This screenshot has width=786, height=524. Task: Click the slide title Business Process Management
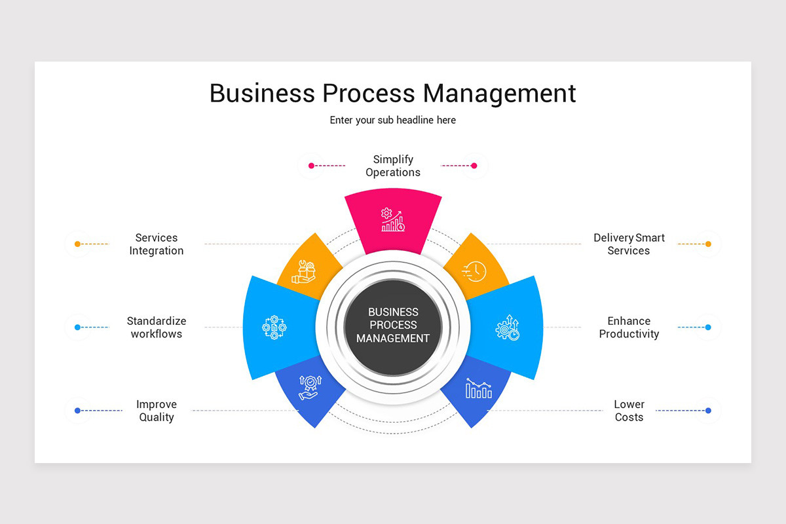393,93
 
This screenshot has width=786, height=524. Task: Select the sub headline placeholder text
393,121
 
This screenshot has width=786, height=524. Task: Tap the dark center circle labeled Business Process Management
393,325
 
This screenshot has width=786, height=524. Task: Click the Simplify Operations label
393,166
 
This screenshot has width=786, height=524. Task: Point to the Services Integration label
157,244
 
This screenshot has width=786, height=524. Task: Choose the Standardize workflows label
157,327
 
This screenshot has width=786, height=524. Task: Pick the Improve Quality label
157,411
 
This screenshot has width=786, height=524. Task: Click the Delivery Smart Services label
629,244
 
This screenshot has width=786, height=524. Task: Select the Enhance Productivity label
629,327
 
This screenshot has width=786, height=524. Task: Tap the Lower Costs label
629,411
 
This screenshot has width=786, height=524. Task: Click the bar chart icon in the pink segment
393,220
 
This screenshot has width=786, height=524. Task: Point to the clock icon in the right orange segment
474,271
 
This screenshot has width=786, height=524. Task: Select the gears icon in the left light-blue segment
274,327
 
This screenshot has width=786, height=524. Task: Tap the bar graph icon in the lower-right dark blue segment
479,388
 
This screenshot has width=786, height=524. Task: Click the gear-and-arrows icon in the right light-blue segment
508,327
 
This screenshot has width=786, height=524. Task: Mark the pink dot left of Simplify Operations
311,166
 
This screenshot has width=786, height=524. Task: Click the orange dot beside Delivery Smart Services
708,244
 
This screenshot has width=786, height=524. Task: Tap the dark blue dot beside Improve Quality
77,411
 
